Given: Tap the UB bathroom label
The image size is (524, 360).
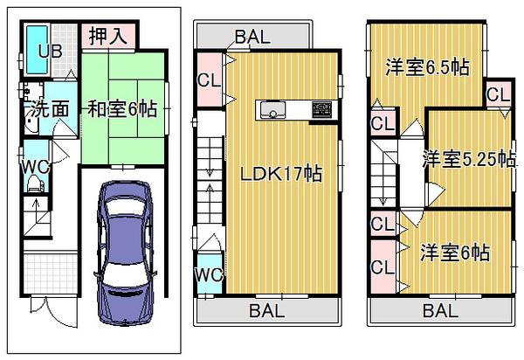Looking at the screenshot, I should [x=49, y=51].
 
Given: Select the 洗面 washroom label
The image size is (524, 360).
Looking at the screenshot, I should [x=52, y=109].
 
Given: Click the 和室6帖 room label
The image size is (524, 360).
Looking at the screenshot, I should [x=121, y=110].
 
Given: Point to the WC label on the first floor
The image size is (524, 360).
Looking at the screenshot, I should [x=34, y=166].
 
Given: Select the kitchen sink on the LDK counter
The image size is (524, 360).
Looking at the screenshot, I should [x=271, y=110].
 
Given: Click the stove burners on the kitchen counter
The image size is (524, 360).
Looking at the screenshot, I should [x=321, y=110].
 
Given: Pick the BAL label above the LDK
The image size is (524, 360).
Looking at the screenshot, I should [x=252, y=38].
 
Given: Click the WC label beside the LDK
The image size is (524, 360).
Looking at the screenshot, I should [x=210, y=276].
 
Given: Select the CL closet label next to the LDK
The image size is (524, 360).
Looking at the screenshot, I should [x=209, y=80].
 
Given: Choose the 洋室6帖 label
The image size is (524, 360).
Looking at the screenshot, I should [x=454, y=252].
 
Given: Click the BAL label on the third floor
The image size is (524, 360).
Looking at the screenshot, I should [x=440, y=310].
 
